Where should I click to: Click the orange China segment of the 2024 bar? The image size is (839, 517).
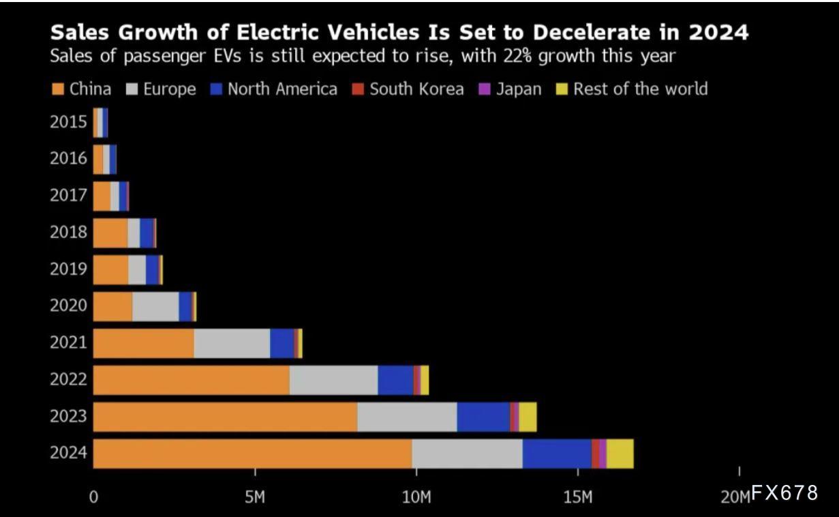click(x=252, y=454)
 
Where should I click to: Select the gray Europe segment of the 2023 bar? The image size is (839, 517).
click(x=407, y=417)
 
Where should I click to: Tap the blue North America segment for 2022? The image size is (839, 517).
click(x=395, y=380)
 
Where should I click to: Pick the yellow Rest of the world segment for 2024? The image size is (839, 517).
click(x=620, y=454)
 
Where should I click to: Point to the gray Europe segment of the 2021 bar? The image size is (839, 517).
click(x=232, y=343)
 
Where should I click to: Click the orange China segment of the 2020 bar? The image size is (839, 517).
click(x=112, y=306)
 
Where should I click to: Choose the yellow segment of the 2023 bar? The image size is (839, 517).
click(x=528, y=417)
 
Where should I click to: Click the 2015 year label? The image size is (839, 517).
click(x=68, y=122)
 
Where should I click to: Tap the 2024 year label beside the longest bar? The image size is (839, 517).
click(x=68, y=454)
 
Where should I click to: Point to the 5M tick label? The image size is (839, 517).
click(x=255, y=497)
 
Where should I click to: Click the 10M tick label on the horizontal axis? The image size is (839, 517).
click(x=416, y=497)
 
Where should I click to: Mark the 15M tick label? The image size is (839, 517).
click(x=578, y=497)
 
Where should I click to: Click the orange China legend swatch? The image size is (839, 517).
click(x=57, y=89)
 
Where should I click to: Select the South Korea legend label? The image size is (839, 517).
click(x=416, y=89)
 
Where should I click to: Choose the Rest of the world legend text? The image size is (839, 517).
click(x=640, y=89)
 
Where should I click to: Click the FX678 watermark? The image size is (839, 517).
click(x=784, y=494)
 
